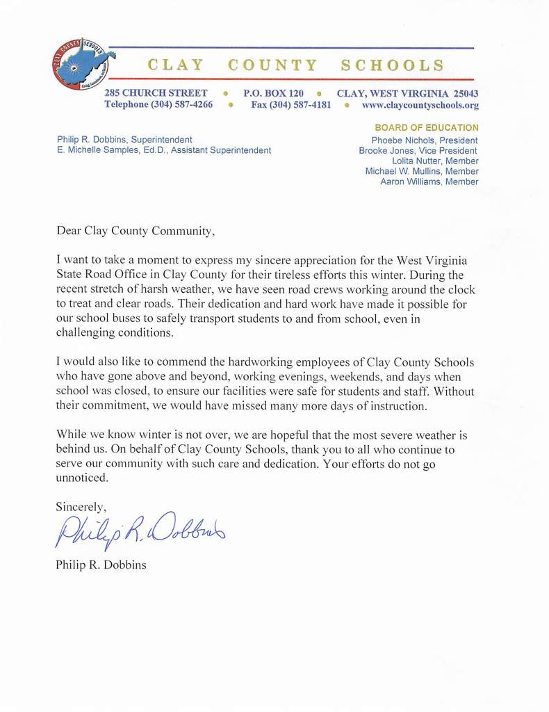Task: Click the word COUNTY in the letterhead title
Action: click(272, 65)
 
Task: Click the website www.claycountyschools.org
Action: click(420, 105)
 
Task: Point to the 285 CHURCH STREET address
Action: click(156, 92)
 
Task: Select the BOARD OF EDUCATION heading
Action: click(426, 128)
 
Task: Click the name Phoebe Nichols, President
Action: click(425, 140)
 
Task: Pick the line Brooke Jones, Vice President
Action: click(418, 151)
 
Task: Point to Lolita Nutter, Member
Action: click(435, 161)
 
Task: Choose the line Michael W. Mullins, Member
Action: click(422, 172)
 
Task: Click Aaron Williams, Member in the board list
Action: click(429, 182)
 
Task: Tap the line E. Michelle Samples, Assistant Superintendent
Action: click(164, 150)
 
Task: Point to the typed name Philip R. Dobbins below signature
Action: click(101, 565)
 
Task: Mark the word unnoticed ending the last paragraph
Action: click(82, 478)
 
